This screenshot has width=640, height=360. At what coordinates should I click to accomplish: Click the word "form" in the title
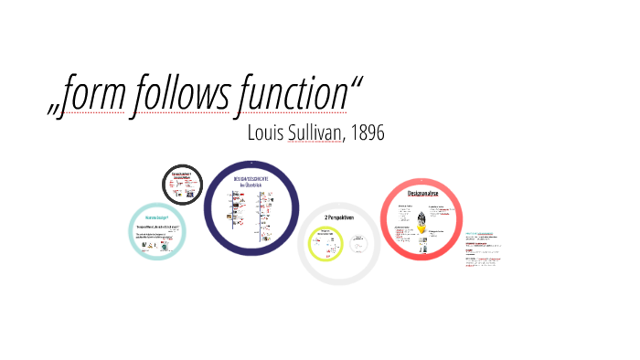click(94, 95)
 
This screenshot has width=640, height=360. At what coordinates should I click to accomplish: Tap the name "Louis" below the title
click(269, 132)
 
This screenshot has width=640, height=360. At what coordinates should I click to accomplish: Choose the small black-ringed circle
click(183, 185)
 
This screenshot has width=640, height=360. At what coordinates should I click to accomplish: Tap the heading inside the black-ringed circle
click(183, 176)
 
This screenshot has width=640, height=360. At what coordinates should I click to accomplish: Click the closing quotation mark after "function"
click(356, 84)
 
